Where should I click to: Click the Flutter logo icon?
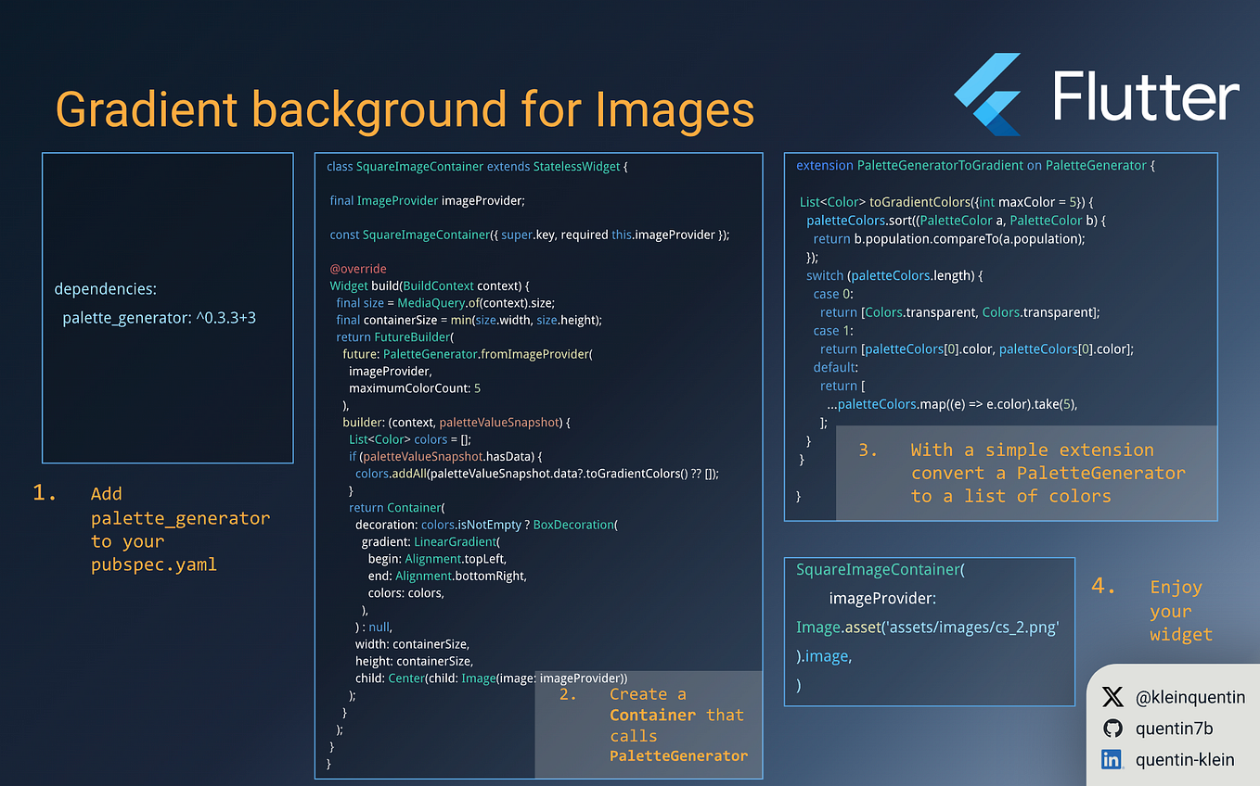(x=988, y=94)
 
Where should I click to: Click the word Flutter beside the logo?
(x=1147, y=96)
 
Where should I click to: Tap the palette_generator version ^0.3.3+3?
(x=225, y=318)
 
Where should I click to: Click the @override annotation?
(x=358, y=269)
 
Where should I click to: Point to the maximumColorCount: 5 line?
(x=415, y=388)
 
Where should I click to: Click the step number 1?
(x=45, y=493)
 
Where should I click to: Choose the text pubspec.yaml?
(x=153, y=564)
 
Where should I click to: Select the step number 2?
(x=568, y=694)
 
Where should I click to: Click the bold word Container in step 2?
(x=652, y=715)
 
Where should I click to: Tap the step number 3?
(x=868, y=450)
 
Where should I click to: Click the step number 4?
(x=1103, y=586)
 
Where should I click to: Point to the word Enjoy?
(x=1176, y=587)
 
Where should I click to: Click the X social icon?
(x=1112, y=697)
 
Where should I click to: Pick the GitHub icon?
(x=1112, y=729)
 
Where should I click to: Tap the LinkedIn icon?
(x=1112, y=760)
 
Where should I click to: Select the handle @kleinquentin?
(x=1190, y=697)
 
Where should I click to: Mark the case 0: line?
(x=826, y=294)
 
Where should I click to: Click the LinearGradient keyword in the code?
(x=456, y=541)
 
